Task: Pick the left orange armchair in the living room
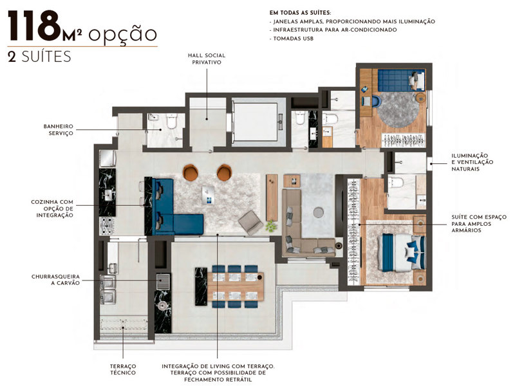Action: [191, 172]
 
